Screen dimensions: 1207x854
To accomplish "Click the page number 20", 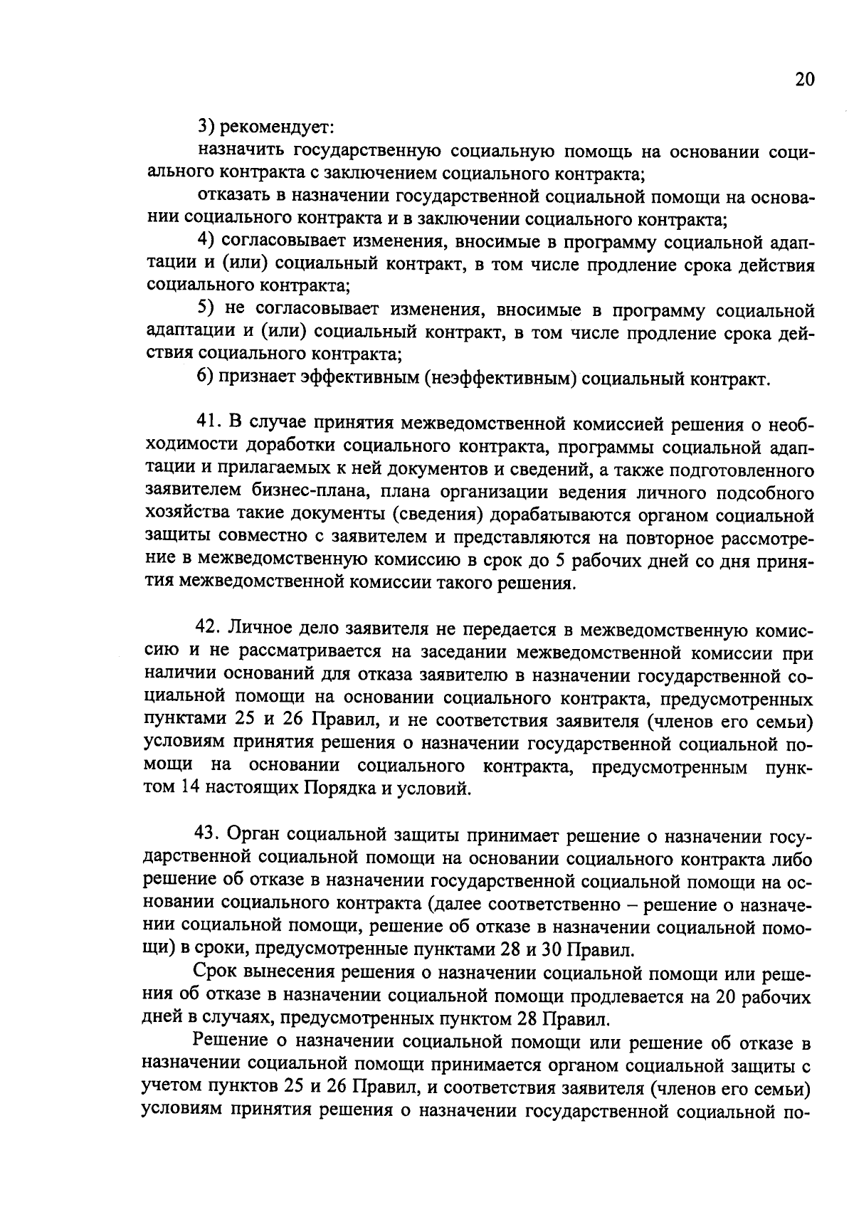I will point(803,79).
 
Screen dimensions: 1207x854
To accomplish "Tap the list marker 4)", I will point(207,242).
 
